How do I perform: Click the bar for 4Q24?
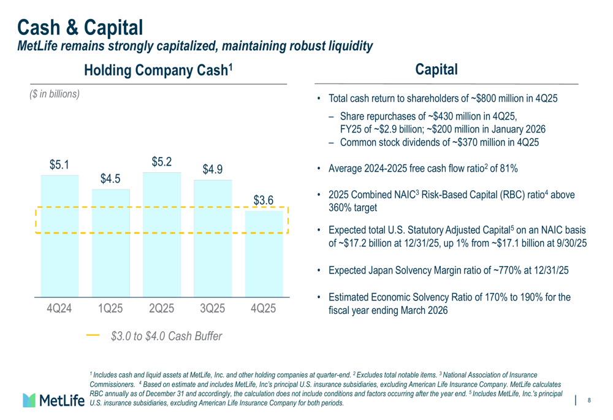click(x=60, y=236)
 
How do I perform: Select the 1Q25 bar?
click(x=110, y=243)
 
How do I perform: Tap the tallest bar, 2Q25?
click(x=162, y=235)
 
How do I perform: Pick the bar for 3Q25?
click(x=213, y=239)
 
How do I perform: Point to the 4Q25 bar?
click(x=264, y=254)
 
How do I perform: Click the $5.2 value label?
click(x=162, y=162)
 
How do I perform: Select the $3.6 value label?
click(x=264, y=200)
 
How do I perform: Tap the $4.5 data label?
click(x=110, y=178)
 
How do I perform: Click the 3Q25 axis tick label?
click(x=212, y=308)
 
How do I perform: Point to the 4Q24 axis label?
click(x=59, y=308)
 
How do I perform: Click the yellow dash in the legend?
click(x=93, y=335)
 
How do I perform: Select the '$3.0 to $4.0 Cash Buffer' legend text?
click(x=167, y=337)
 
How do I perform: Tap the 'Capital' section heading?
click(x=436, y=70)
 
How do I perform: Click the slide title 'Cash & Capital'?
click(x=80, y=28)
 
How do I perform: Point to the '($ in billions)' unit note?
click(x=55, y=94)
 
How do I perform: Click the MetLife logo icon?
click(x=29, y=400)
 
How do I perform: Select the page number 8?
click(x=589, y=400)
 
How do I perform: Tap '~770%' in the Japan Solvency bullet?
click(x=508, y=270)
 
